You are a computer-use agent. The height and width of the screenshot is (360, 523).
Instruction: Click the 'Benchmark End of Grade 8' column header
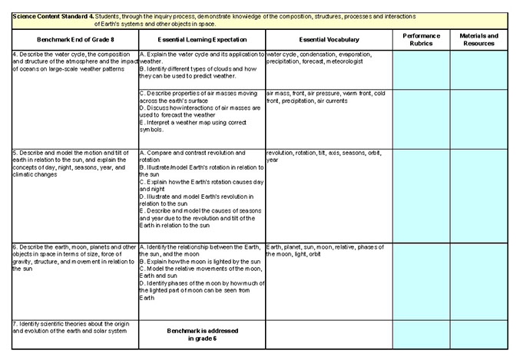(x=70, y=40)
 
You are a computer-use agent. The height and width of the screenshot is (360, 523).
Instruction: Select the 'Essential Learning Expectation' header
(x=201, y=40)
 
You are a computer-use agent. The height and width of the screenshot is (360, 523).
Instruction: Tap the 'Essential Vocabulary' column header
(x=328, y=40)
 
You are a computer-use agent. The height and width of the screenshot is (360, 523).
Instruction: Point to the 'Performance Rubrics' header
(x=421, y=40)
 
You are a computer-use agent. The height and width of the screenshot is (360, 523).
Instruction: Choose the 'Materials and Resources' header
(x=478, y=40)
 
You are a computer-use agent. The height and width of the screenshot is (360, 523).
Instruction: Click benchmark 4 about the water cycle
(x=70, y=62)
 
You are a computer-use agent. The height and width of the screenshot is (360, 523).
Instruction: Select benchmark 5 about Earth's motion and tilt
(x=70, y=163)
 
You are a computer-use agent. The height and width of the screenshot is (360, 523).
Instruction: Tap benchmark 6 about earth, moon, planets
(x=70, y=258)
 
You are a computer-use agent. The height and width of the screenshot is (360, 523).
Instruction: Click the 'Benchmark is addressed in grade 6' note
(x=201, y=334)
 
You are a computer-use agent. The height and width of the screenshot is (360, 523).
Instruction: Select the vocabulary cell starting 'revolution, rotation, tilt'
(x=326, y=156)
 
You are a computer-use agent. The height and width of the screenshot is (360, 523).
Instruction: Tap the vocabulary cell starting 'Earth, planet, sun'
(x=326, y=250)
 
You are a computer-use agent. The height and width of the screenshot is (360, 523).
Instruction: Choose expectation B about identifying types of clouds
(x=197, y=73)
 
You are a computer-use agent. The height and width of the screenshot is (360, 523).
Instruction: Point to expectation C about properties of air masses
(x=195, y=96)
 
